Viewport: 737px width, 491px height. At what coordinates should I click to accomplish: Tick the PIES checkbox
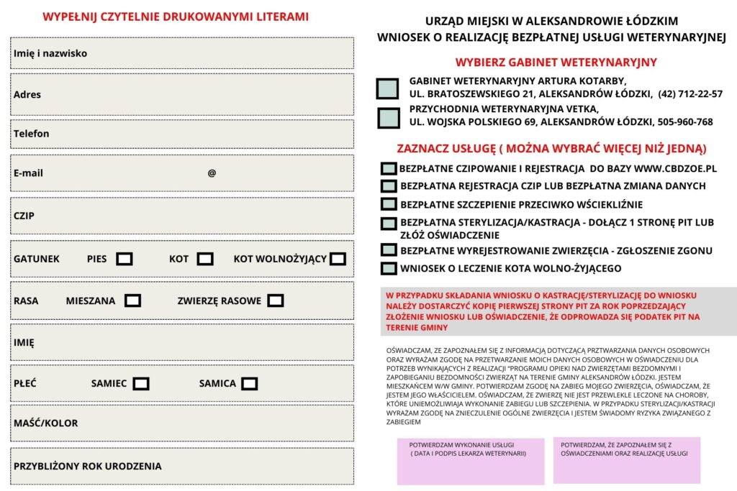click(x=125, y=259)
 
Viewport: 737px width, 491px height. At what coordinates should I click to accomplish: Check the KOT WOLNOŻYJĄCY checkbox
click(x=338, y=259)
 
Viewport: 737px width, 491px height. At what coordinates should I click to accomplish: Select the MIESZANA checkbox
click(x=132, y=300)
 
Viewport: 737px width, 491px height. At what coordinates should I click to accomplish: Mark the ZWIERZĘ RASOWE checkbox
click(x=275, y=300)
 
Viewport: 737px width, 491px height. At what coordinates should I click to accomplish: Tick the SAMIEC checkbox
click(x=141, y=384)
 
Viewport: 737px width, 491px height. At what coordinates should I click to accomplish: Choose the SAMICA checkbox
click(x=249, y=384)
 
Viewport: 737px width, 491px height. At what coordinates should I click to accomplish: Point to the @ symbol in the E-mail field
click(x=212, y=173)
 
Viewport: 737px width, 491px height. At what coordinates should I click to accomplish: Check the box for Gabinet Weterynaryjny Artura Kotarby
click(x=387, y=88)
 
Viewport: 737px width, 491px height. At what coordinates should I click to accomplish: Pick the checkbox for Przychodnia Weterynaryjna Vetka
click(x=389, y=117)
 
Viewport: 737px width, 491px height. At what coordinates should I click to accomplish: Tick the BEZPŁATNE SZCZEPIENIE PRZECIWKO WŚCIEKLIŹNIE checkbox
click(x=389, y=205)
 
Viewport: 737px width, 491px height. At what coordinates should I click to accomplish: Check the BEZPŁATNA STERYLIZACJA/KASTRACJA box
click(x=389, y=224)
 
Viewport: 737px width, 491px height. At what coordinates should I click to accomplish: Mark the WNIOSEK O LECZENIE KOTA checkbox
click(x=389, y=269)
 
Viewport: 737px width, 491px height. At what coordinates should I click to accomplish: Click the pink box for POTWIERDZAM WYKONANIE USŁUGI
click(x=471, y=461)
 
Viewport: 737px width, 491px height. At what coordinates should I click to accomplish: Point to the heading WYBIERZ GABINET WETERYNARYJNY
click(x=556, y=63)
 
